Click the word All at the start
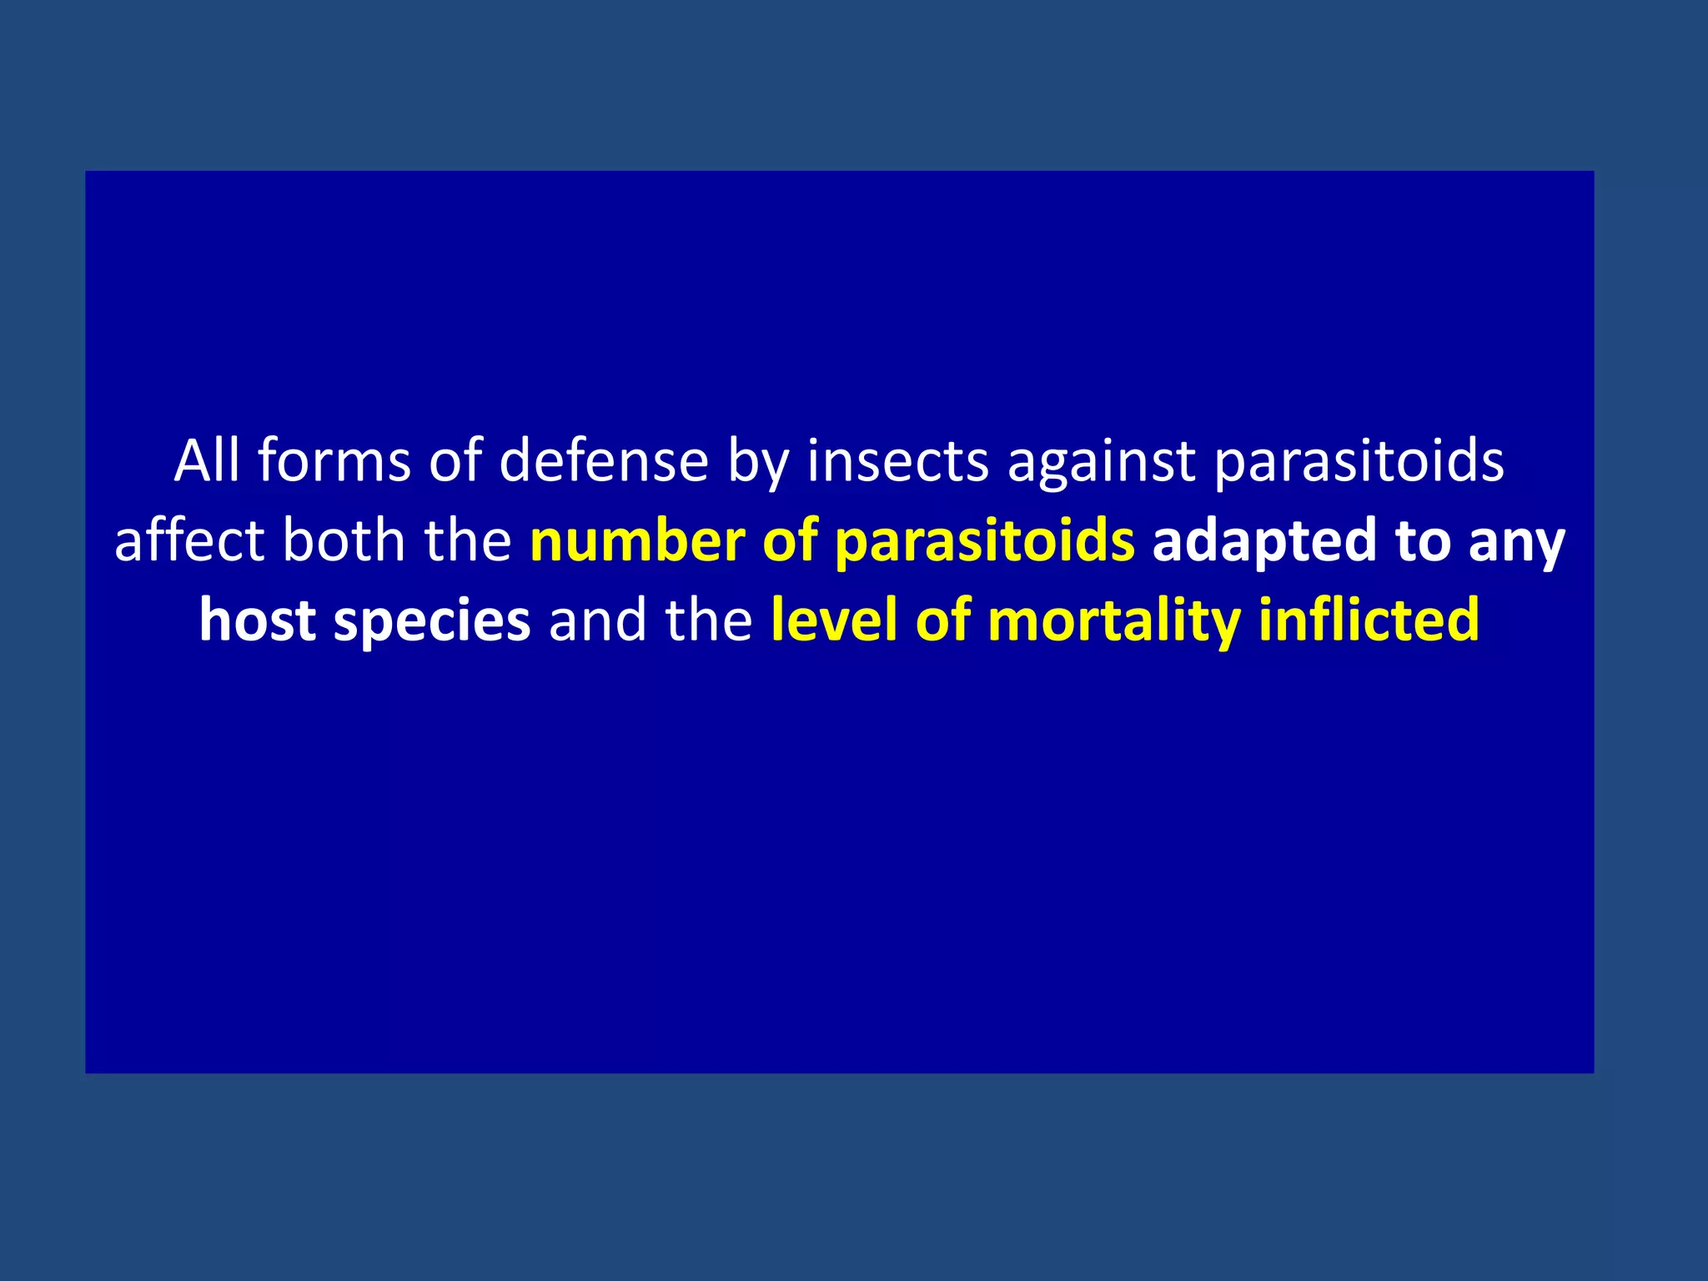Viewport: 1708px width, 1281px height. click(206, 460)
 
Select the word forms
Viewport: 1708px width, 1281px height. click(334, 460)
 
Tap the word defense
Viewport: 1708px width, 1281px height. click(603, 460)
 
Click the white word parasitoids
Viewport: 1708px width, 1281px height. click(1359, 462)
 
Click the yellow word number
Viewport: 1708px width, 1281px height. click(637, 540)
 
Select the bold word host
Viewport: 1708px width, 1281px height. click(257, 620)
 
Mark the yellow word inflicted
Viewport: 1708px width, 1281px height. click(1369, 620)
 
